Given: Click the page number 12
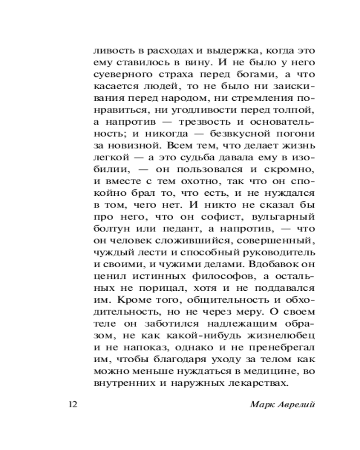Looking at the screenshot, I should click(x=73, y=404).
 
